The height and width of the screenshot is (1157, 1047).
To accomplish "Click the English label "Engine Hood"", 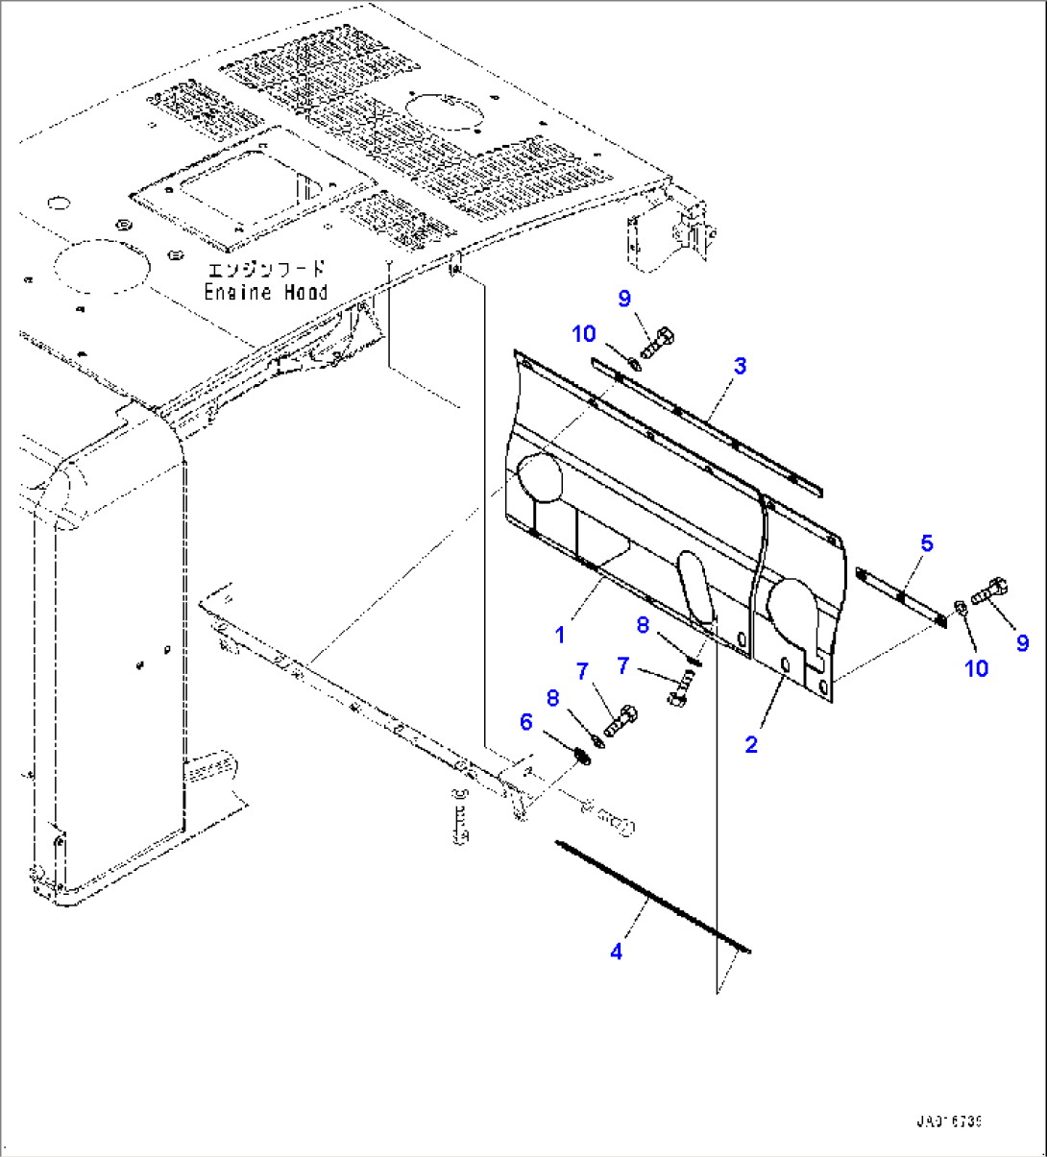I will click(x=265, y=293).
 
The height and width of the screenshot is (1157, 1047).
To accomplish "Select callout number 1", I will click(x=559, y=635).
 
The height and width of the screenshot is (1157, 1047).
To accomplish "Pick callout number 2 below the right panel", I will click(x=751, y=743).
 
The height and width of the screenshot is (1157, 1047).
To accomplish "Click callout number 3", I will click(x=740, y=366).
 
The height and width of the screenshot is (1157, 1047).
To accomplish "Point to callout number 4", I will click(x=616, y=952).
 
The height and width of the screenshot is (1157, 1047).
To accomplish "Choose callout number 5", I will click(x=926, y=543).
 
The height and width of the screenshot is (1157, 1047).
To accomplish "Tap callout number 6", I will click(x=525, y=720).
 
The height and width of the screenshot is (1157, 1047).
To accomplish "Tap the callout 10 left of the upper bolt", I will click(x=584, y=334).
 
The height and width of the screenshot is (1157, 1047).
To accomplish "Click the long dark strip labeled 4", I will click(x=653, y=898).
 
